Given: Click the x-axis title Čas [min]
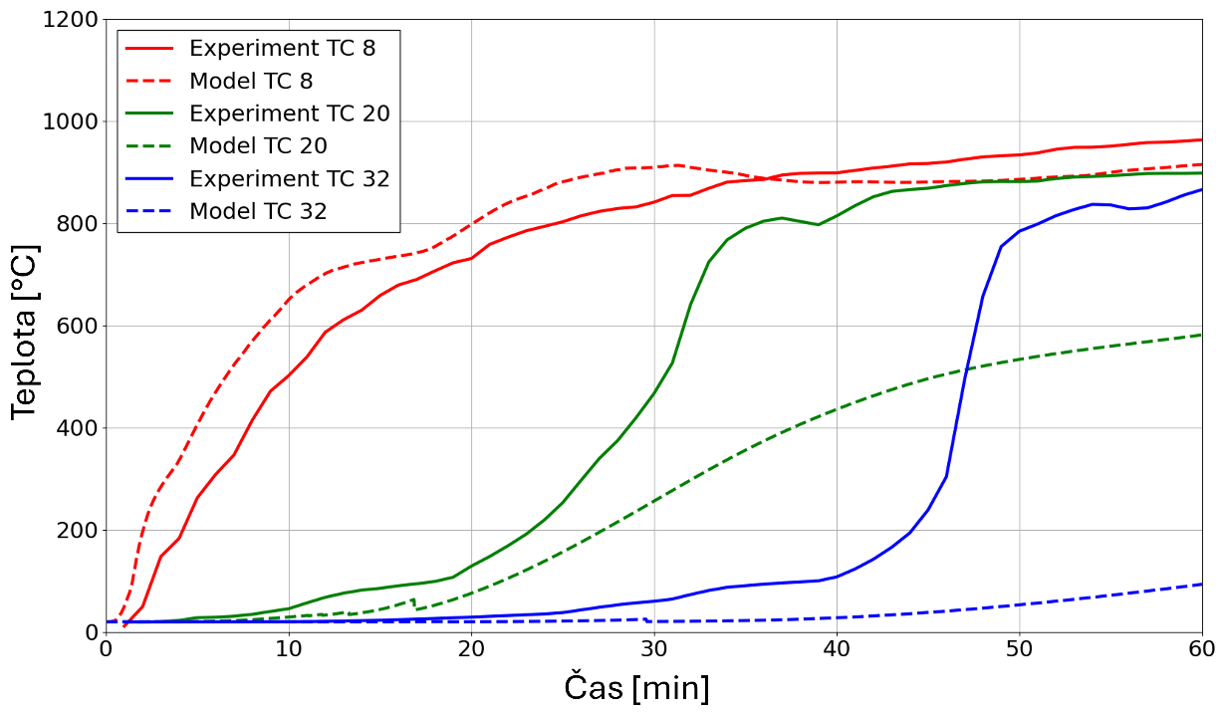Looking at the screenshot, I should [x=636, y=687].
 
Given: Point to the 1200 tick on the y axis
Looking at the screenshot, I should [x=69, y=20].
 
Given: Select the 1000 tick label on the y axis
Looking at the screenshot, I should [x=69, y=122].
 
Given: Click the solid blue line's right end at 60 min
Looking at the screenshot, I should [x=1201, y=189].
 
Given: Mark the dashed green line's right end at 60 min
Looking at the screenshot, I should [x=1201, y=335].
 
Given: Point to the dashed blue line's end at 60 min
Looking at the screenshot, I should [x=1201, y=585].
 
